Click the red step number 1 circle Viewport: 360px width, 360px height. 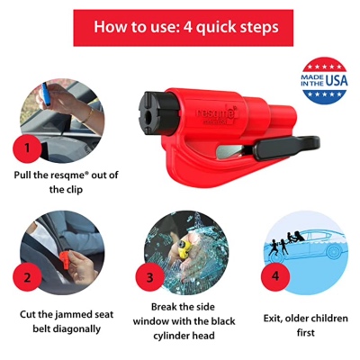(x=27, y=148)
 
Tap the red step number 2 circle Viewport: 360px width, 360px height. (x=27, y=277)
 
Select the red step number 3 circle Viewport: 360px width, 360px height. (x=150, y=277)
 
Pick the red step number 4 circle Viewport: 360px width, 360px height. (x=275, y=276)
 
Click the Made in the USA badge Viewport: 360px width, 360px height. (x=324, y=81)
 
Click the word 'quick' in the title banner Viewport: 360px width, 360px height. (x=216, y=28)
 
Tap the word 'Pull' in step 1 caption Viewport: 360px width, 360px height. (x=22, y=175)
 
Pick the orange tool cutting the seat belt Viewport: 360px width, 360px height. (x=65, y=260)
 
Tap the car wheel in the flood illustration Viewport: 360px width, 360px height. (x=334, y=251)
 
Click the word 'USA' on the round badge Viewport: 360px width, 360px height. (x=337, y=80)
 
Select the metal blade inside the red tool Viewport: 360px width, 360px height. (x=231, y=151)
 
